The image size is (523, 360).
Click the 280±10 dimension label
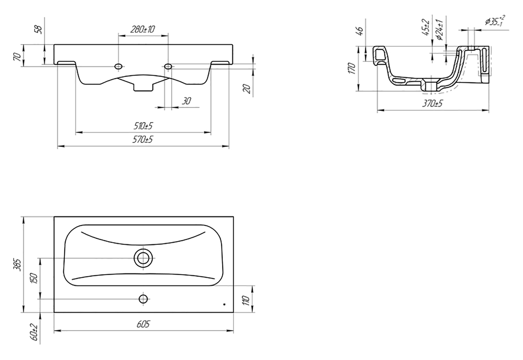click(x=143, y=29)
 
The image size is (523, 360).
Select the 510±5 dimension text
click(x=143, y=126)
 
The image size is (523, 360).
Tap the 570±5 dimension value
click(x=143, y=139)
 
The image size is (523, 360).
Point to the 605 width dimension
click(x=143, y=324)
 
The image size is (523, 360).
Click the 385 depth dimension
click(x=18, y=265)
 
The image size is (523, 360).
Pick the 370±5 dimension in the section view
click(x=432, y=103)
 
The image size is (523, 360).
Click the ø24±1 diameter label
click(x=440, y=30)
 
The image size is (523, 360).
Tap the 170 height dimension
click(x=351, y=68)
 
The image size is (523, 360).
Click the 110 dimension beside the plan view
click(x=246, y=301)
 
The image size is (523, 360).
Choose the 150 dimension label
click(x=34, y=278)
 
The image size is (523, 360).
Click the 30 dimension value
click(x=186, y=101)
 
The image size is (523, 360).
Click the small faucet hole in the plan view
click(x=143, y=299)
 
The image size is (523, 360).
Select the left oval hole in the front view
click(x=118, y=67)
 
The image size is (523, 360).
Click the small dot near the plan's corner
click(x=224, y=304)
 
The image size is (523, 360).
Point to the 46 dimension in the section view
click(x=360, y=31)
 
